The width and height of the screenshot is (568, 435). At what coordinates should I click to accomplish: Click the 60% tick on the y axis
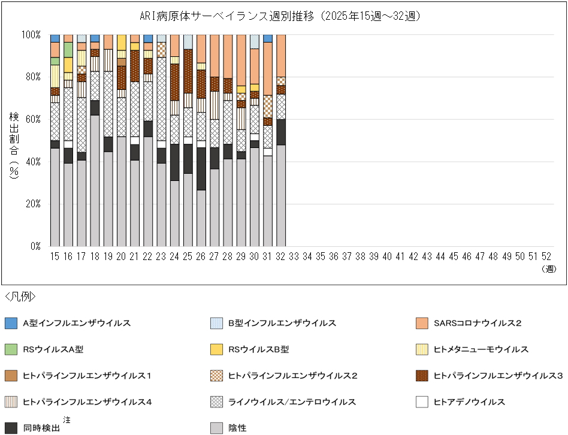[x=32, y=119]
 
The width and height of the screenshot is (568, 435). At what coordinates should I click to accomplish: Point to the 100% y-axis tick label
[x=31, y=35]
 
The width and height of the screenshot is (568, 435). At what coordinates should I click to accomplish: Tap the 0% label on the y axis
[x=35, y=246]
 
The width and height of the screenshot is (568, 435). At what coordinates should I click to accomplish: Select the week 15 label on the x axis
[x=55, y=256]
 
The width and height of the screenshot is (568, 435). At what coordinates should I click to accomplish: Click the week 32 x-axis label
[x=281, y=256]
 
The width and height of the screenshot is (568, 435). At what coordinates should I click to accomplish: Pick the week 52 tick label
[x=546, y=256]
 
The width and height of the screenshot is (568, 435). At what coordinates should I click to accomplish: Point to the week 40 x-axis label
[x=387, y=256]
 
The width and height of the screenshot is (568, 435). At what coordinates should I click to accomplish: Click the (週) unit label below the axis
[x=549, y=269]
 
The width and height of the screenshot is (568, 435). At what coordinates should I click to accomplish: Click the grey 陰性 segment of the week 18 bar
[x=95, y=180]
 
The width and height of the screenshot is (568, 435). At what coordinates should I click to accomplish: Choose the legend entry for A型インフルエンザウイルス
[x=77, y=324]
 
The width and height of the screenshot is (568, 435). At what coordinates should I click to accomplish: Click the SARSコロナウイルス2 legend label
[x=477, y=324]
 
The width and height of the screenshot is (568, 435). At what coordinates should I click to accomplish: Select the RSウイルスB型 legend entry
[x=258, y=349]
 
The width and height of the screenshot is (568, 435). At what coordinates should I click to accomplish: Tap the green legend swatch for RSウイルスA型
[x=11, y=349]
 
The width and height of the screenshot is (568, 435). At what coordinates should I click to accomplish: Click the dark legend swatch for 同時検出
[x=11, y=428]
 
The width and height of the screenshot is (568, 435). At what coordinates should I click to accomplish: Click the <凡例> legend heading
[x=20, y=297]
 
